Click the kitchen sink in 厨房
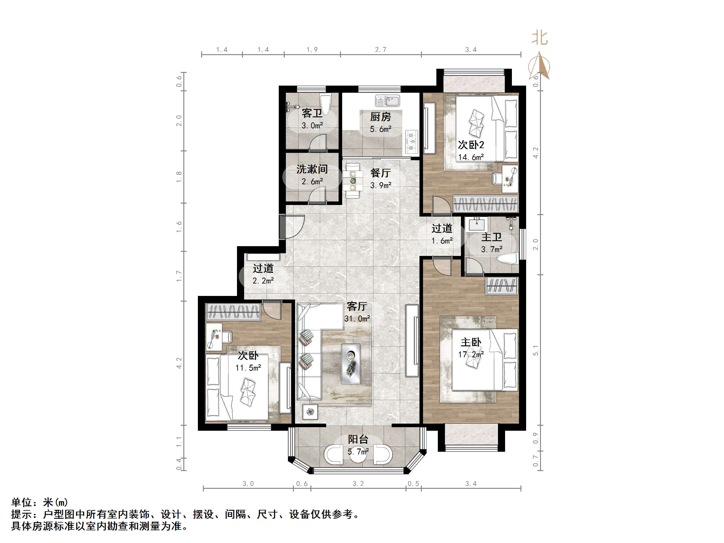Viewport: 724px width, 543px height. tap(387, 101)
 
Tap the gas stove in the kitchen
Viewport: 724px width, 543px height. tap(412, 141)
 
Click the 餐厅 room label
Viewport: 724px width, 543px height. tap(380, 173)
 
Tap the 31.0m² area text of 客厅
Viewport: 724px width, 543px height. tap(357, 318)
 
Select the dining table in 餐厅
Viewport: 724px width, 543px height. tap(353, 180)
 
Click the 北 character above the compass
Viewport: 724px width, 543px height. tap(539, 38)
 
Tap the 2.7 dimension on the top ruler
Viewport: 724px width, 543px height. tap(380, 49)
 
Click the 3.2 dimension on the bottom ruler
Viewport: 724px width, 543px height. tap(358, 484)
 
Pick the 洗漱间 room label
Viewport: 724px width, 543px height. tap(312, 169)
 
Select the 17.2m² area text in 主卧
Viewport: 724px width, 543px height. tap(471, 355)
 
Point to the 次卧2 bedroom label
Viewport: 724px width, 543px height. tap(471, 145)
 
